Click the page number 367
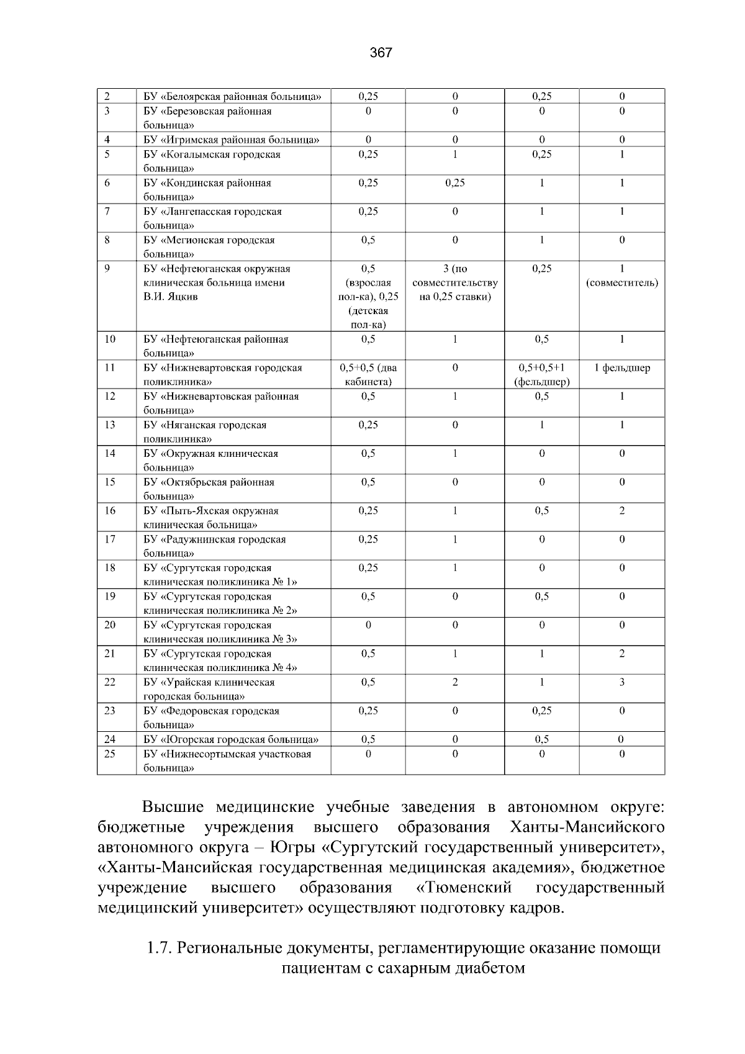pos(381,53)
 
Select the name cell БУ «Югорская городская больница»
pos(231,739)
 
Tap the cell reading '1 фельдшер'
pos(622,368)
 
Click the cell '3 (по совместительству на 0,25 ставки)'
pos(454,282)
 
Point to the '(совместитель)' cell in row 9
pos(622,283)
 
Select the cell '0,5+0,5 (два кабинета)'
pos(368,375)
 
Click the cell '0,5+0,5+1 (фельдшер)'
pos(541,375)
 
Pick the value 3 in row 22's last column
pos(622,682)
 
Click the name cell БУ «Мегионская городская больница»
pos(209,246)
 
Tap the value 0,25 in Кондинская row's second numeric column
pos(454,183)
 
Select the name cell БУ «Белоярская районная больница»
pos(232,96)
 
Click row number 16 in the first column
pos(110,511)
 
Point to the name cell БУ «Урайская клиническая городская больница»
pos(209,689)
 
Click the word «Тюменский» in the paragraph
pos(465,887)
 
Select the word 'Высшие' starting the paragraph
pos(173,808)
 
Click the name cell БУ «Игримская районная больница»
pos(232,140)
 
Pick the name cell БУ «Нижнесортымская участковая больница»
pos(227,761)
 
